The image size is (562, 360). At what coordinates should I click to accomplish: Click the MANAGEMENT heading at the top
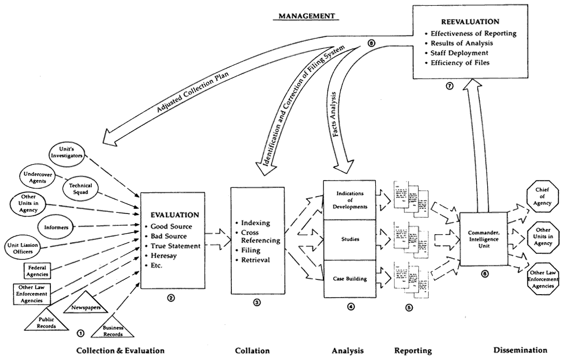[307, 16]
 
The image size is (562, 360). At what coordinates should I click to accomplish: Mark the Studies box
[349, 239]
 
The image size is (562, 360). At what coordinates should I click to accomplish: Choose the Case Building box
[349, 278]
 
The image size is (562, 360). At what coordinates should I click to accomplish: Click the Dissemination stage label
[520, 350]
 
